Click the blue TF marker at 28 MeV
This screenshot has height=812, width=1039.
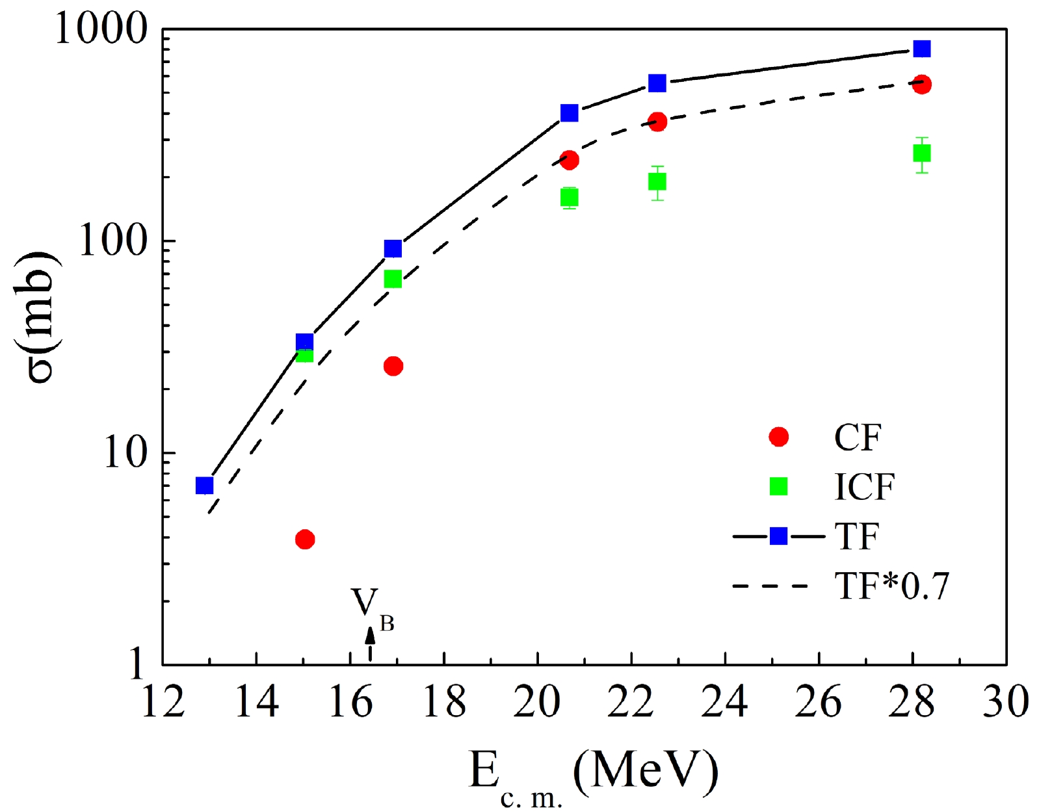coord(921,49)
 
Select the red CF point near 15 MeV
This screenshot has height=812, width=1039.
coord(305,539)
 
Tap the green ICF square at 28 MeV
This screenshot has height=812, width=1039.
coord(921,153)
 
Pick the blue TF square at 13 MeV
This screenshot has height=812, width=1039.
coord(205,486)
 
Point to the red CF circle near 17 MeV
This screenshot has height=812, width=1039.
coord(393,366)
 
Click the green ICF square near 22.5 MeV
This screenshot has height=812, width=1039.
coord(657,181)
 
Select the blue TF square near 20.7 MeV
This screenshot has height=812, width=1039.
coord(570,113)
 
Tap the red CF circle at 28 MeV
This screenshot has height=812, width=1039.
coord(921,84)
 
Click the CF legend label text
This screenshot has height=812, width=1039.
coord(858,438)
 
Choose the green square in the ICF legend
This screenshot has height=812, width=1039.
coord(778,486)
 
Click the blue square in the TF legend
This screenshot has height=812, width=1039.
coord(778,536)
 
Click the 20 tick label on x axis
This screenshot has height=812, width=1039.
coord(537,703)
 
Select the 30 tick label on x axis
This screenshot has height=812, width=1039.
coord(1005,703)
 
